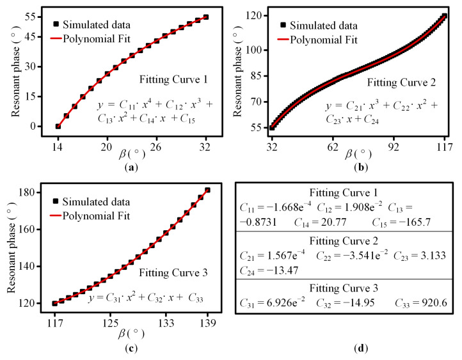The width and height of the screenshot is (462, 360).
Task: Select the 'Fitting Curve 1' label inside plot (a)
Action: (173, 79)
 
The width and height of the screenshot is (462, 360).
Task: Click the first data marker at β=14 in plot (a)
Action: (58, 126)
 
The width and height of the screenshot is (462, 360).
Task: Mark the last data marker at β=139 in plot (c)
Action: (208, 190)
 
